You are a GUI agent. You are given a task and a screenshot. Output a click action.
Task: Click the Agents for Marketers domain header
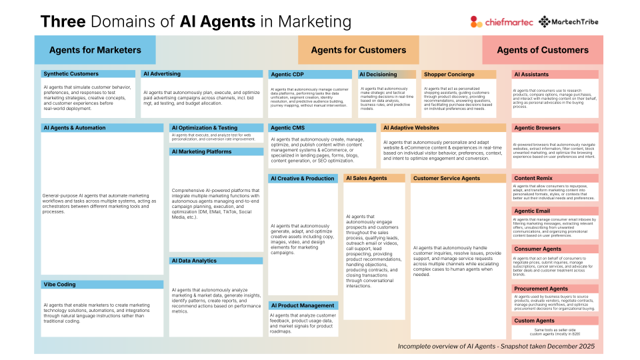pos(95,50)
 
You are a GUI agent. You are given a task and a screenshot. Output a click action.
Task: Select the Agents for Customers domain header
pos(358,50)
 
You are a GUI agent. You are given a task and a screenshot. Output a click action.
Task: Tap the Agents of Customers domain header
pos(542,50)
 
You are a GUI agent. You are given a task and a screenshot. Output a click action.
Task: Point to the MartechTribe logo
pos(569,21)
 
